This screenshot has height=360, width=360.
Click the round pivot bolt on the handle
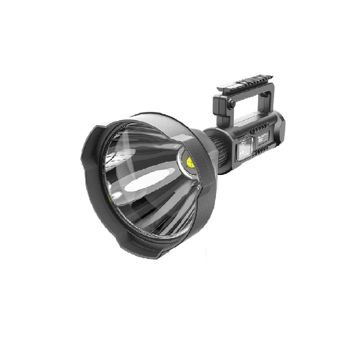click(x=231, y=103)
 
